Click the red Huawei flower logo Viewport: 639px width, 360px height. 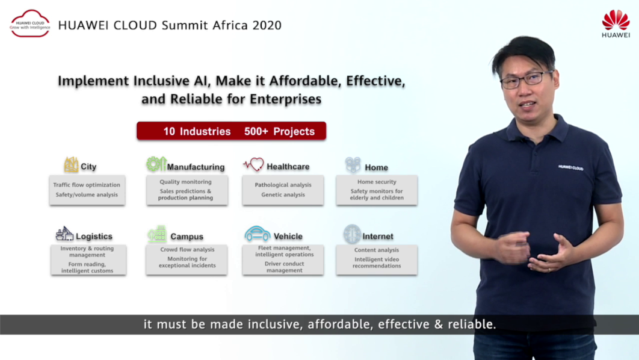(616, 20)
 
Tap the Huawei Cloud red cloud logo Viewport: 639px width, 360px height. (29, 23)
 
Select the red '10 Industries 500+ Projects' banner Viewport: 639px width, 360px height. (232, 131)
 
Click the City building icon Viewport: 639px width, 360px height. (71, 164)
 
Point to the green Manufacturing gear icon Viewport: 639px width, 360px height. (156, 164)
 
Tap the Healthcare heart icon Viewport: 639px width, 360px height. (253, 164)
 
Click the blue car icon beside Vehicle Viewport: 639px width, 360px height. (257, 234)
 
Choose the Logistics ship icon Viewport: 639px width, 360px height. (64, 234)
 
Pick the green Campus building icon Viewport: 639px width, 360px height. (157, 234)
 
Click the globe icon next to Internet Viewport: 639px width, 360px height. (352, 234)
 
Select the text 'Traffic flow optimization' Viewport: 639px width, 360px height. (87, 185)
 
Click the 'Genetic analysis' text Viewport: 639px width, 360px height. (283, 194)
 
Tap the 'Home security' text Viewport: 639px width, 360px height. (377, 182)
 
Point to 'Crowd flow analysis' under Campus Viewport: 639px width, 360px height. (187, 249)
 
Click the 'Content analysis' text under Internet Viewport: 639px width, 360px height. (377, 250)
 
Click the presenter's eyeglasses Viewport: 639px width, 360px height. (526, 79)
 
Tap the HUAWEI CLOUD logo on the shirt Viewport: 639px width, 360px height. (570, 167)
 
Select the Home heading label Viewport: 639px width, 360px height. (376, 167)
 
